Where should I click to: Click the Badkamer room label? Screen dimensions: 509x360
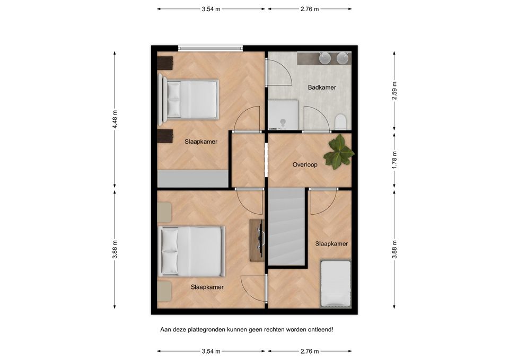322,87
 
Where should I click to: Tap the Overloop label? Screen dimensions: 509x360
305,164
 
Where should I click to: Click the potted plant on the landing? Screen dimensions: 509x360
339,152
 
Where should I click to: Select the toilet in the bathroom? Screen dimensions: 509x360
341,122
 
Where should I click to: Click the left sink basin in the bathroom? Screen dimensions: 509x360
324,58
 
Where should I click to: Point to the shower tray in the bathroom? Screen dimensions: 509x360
283,115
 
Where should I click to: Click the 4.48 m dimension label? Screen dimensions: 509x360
115,119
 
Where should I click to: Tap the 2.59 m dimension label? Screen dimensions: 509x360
394,91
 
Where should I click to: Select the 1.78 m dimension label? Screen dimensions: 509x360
394,160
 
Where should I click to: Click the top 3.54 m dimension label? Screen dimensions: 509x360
211,9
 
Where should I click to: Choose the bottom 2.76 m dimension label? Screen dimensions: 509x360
310,351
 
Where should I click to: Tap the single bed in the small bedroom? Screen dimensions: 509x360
336,284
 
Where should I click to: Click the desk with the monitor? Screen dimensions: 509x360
257,240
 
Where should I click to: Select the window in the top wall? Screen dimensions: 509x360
210,48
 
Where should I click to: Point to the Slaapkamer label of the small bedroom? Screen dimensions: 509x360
331,244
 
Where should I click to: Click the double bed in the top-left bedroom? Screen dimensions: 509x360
188,99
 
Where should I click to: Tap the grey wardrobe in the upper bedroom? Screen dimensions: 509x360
193,178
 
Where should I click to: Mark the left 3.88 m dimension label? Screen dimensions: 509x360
115,249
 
